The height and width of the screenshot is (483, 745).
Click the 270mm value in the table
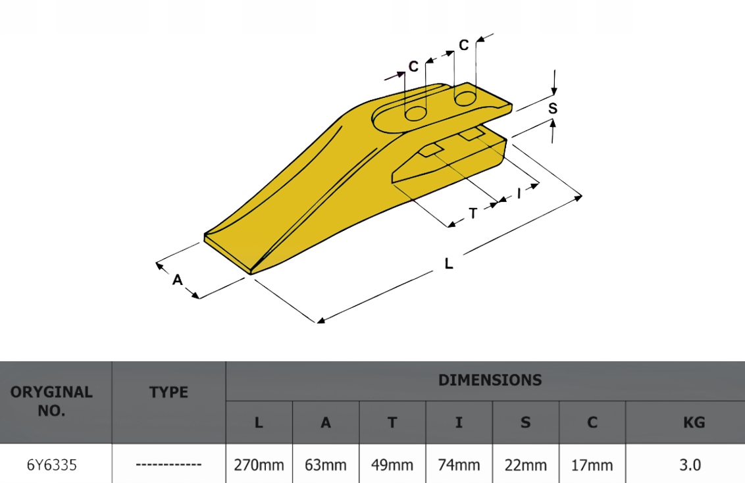pyautogui.click(x=259, y=465)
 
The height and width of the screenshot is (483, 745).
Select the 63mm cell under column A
pyautogui.click(x=325, y=465)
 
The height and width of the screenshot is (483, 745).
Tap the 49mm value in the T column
pyautogui.click(x=392, y=465)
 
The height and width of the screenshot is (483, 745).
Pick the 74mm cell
pyautogui.click(x=459, y=465)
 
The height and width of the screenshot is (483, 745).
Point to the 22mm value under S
pyautogui.click(x=525, y=465)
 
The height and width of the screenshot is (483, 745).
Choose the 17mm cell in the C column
pyautogui.click(x=592, y=465)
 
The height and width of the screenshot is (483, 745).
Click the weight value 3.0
pyautogui.click(x=689, y=465)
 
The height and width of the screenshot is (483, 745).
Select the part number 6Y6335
pyautogui.click(x=52, y=465)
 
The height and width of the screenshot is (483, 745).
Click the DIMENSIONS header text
pyautogui.click(x=490, y=380)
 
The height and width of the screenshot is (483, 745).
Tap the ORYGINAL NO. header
pyautogui.click(x=52, y=401)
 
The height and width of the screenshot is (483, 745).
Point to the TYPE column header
pyautogui.click(x=168, y=392)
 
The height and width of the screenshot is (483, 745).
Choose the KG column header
pyautogui.click(x=694, y=422)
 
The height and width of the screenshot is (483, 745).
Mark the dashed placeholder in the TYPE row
pyautogui.click(x=168, y=465)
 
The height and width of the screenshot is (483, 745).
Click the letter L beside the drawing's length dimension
pyautogui.click(x=449, y=264)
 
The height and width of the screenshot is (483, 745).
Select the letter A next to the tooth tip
pyautogui.click(x=177, y=280)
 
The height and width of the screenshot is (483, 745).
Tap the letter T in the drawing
pyautogui.click(x=473, y=213)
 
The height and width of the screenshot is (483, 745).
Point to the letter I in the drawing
pyautogui.click(x=519, y=193)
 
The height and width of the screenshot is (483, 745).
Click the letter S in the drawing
pyautogui.click(x=553, y=109)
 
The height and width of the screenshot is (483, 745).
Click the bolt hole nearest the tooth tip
pyautogui.click(x=415, y=114)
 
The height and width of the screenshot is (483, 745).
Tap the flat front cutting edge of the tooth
pyautogui.click(x=228, y=253)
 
